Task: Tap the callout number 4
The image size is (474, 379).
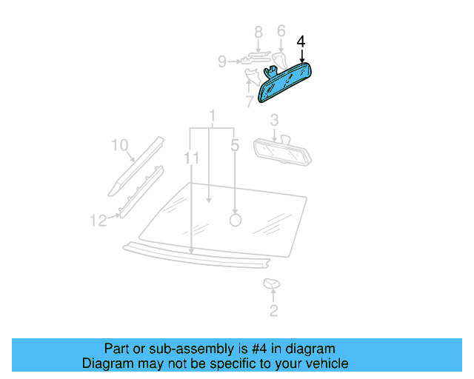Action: pyautogui.click(x=301, y=41)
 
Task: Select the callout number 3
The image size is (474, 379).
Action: pyautogui.click(x=273, y=120)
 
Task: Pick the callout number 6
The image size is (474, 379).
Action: pyautogui.click(x=281, y=31)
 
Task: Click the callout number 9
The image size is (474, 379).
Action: pyautogui.click(x=222, y=62)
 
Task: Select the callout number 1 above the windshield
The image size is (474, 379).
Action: pyautogui.click(x=212, y=116)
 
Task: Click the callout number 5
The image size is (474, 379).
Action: pyautogui.click(x=235, y=147)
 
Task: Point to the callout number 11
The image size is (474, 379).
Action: pyautogui.click(x=192, y=158)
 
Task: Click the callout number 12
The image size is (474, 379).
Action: pyautogui.click(x=99, y=220)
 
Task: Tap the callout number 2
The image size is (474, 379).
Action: pyautogui.click(x=273, y=312)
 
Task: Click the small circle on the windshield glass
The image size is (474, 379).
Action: pyautogui.click(x=236, y=220)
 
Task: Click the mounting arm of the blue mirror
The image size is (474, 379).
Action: pyautogui.click(x=272, y=71)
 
